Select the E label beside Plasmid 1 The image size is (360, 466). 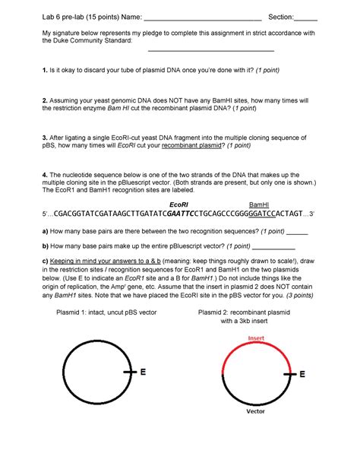(142, 372)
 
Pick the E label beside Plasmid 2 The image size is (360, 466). (302, 375)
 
